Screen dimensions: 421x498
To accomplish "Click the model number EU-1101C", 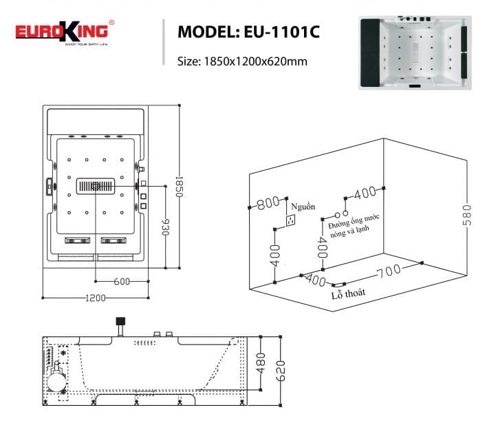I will pyautogui.click(x=248, y=32).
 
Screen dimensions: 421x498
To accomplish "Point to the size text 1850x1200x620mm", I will pyautogui.click(x=241, y=61).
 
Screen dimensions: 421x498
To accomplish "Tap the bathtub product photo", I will pyautogui.click(x=418, y=54).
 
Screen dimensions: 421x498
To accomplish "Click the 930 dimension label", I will pyautogui.click(x=165, y=227).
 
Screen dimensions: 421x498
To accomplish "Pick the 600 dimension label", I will pyautogui.click(x=122, y=281).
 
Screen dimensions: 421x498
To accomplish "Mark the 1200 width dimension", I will pyautogui.click(x=96, y=298).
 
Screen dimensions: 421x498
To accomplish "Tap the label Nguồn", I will pyautogui.click(x=302, y=207).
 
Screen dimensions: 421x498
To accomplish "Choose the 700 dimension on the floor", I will pyautogui.click(x=388, y=271).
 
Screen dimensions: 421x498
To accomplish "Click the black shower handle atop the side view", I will pyautogui.click(x=120, y=321).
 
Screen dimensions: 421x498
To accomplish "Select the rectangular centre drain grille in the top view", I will pyautogui.click(x=96, y=186).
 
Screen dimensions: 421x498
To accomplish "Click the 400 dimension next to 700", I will pyautogui.click(x=314, y=280).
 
